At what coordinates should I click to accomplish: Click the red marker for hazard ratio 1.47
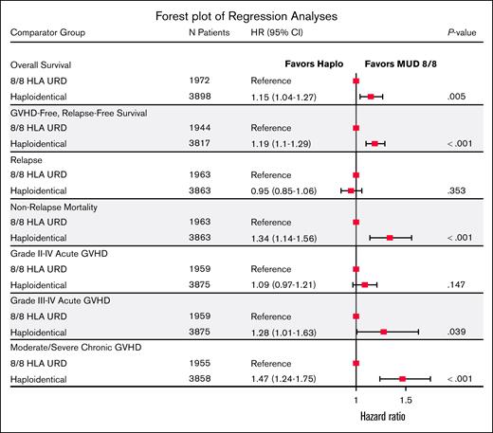click(402, 379)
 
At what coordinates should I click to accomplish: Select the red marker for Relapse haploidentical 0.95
click(351, 190)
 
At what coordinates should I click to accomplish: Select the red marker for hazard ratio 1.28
click(383, 332)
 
